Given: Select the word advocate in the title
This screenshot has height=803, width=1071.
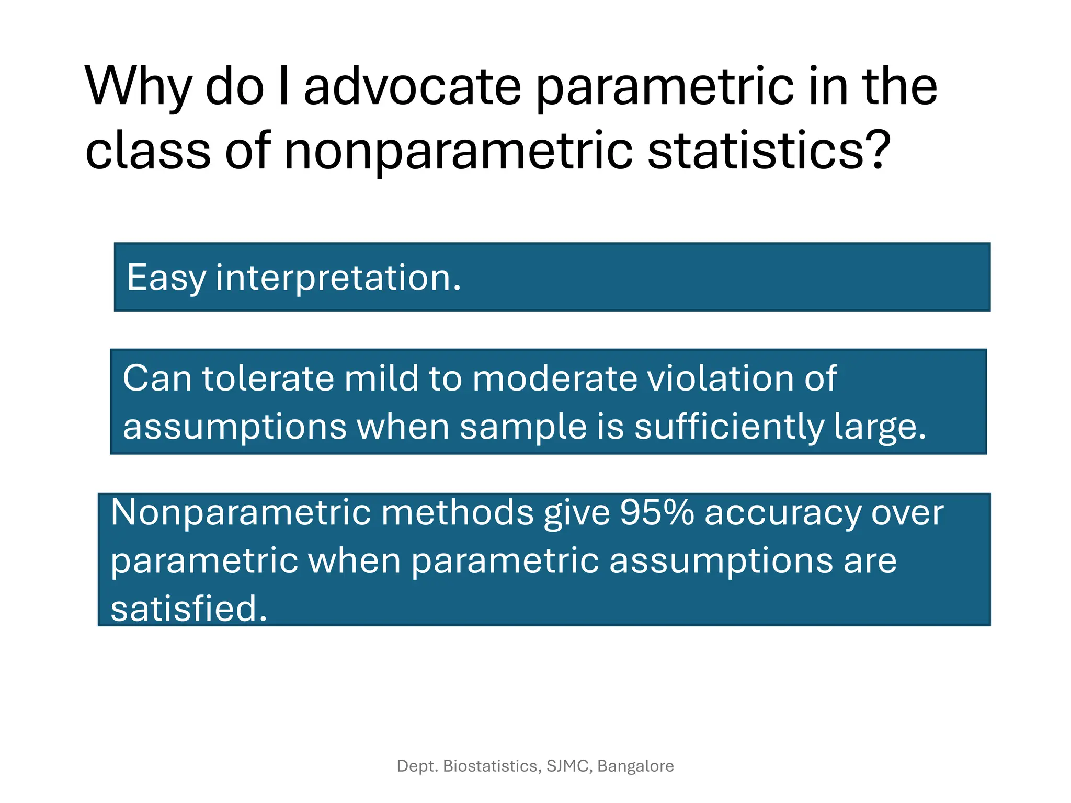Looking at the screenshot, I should pos(412,87).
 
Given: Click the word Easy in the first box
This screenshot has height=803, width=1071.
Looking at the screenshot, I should pos(166,278).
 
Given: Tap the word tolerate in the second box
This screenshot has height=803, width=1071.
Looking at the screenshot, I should pos(268,378).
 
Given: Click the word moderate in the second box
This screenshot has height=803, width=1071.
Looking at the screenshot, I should pos(555,378).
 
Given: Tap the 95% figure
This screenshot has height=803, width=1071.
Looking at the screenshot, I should pos(657,513).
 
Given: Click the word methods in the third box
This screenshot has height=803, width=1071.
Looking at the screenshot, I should pos(458,513).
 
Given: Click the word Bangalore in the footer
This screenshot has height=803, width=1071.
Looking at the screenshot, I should pos(635,766).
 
